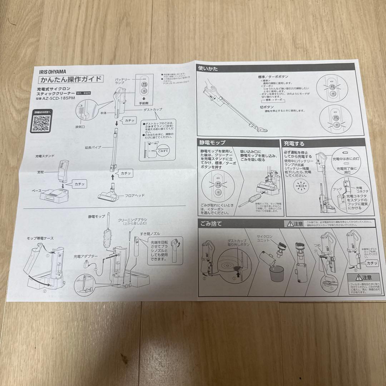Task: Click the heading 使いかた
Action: coord(209,68)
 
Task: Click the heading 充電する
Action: coord(294,144)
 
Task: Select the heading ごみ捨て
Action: coord(211,224)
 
